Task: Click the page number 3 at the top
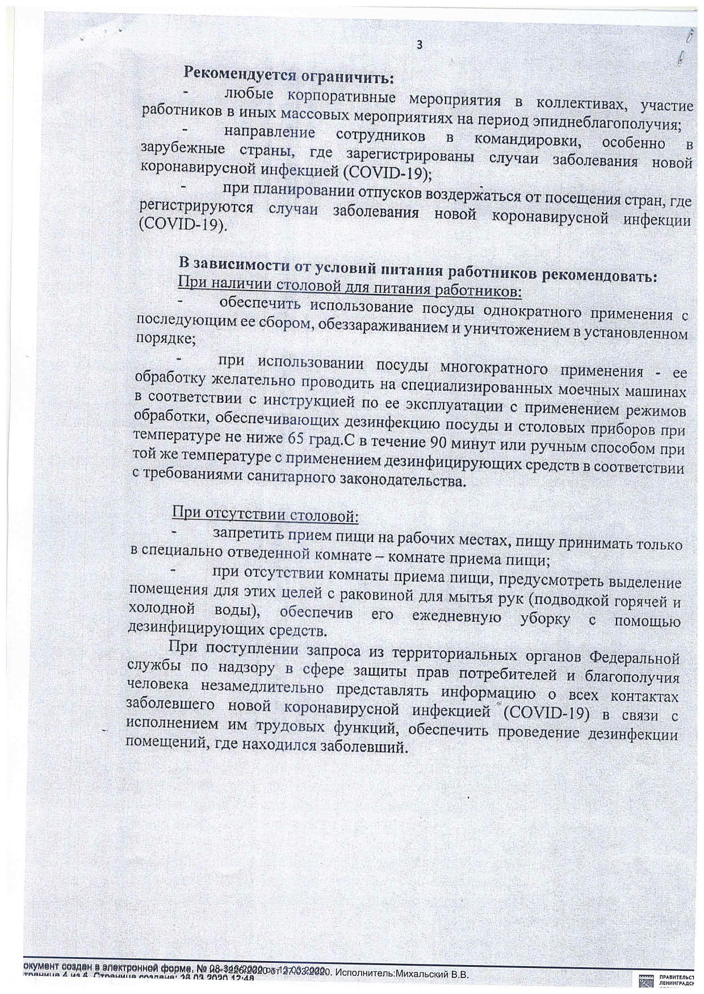point(419,46)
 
